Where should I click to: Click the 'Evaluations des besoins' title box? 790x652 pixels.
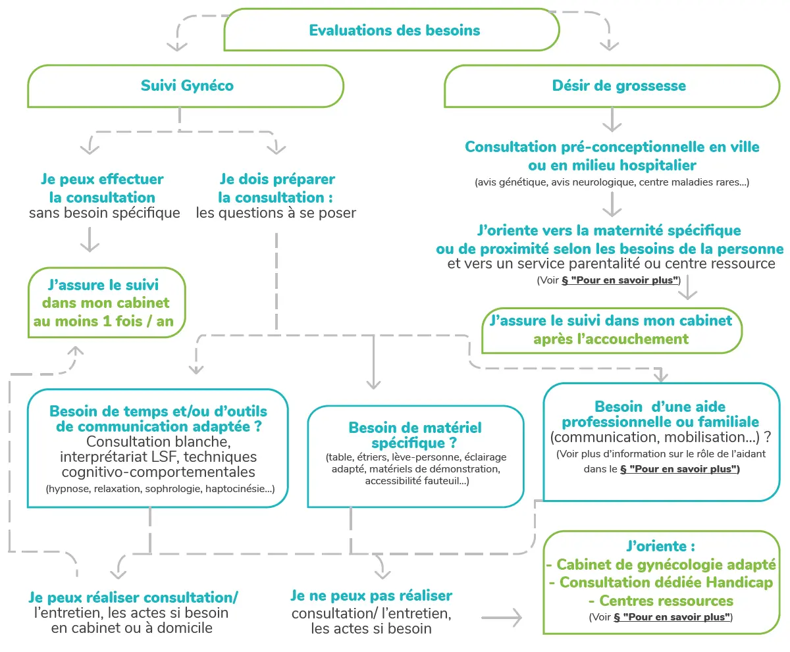tap(392, 30)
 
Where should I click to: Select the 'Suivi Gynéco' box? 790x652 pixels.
tap(186, 86)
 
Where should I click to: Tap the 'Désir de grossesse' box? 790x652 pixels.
tap(612, 86)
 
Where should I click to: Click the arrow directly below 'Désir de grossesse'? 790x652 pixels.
tap(612, 120)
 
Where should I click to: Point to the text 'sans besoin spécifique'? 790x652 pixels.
tap(105, 213)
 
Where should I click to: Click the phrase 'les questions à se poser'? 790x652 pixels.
tap(276, 213)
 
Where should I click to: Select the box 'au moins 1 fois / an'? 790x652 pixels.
tap(107, 303)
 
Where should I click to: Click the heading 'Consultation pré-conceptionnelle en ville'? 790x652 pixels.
tap(612, 147)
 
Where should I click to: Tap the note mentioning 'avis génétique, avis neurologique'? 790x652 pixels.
tap(612, 182)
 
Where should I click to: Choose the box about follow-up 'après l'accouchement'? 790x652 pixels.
tap(612, 330)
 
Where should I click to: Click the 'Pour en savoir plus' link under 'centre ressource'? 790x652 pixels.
tap(619, 280)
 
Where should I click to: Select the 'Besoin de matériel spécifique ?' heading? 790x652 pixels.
tap(415, 436)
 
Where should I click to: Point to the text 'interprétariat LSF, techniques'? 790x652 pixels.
tap(158, 457)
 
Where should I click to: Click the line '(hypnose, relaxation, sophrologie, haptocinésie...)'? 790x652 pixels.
tap(160, 489)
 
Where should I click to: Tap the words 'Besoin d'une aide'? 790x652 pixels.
tap(660, 407)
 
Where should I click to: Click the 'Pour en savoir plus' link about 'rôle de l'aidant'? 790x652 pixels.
tap(679, 469)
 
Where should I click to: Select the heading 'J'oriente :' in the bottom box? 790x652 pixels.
tap(660, 546)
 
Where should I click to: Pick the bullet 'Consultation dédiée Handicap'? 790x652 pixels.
tap(661, 582)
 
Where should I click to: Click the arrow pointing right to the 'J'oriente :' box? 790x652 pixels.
tap(502, 618)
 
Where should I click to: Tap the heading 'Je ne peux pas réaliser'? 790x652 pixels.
tap(371, 595)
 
